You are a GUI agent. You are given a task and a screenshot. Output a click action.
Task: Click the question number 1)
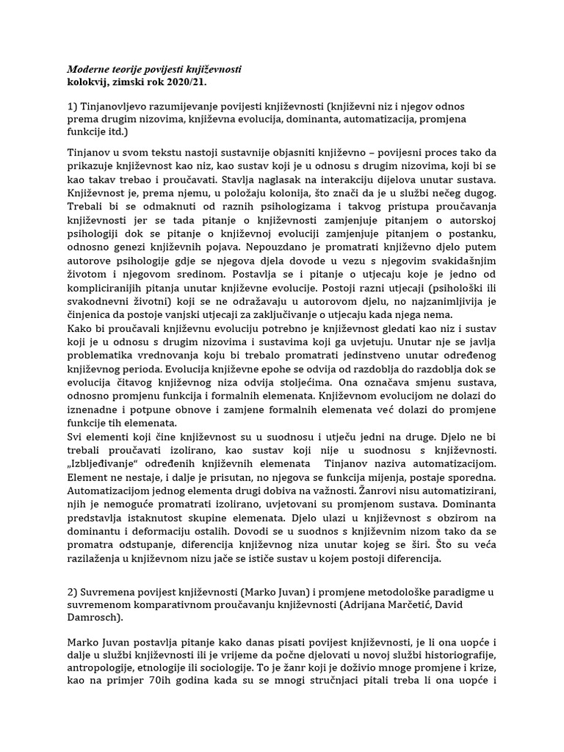pos(73,106)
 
